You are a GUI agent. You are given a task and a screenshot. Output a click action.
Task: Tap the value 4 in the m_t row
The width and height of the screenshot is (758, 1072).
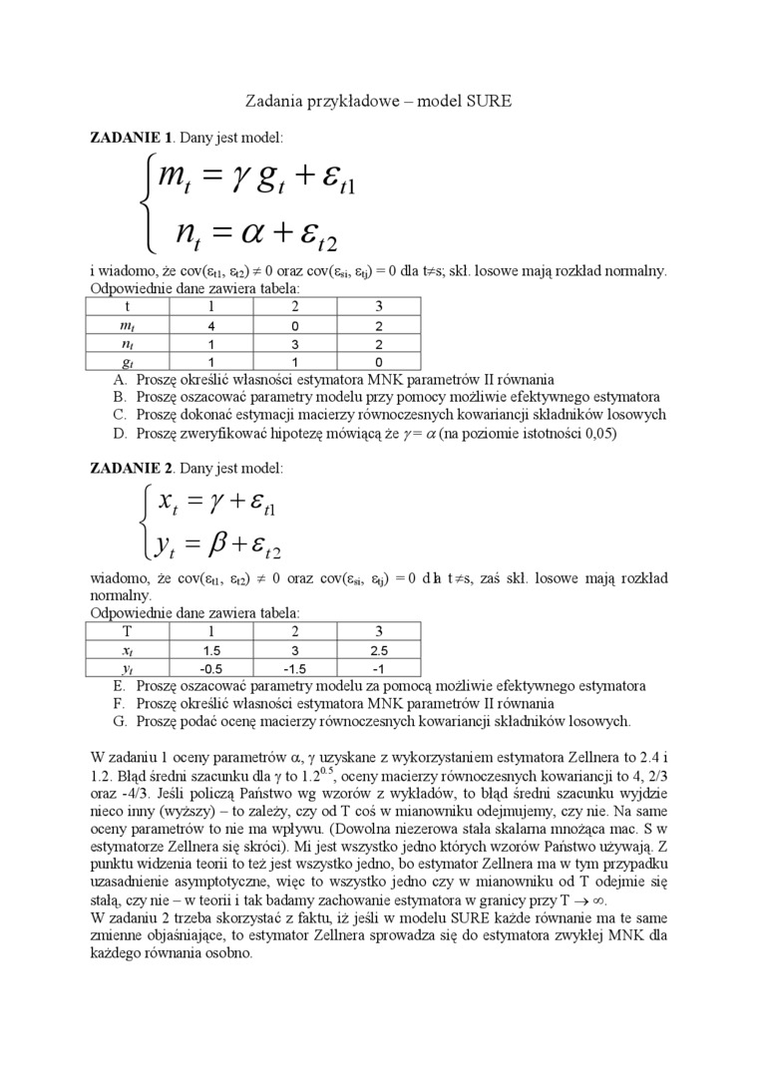click(211, 326)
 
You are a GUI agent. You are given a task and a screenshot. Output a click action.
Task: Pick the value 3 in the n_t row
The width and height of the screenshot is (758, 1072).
click(295, 344)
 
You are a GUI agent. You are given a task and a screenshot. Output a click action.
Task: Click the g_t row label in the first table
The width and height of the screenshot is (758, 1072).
click(128, 362)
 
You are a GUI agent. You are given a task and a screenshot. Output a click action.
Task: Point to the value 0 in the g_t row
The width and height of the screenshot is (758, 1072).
click(378, 362)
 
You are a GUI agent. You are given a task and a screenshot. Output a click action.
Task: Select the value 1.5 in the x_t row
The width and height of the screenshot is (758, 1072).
click(211, 649)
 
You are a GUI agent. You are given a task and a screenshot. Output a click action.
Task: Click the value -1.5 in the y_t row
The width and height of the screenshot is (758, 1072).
click(295, 667)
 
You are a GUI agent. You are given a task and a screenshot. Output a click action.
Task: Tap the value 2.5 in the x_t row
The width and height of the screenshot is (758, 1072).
click(378, 649)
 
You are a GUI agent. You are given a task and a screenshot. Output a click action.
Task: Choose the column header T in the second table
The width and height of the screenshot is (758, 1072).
click(128, 631)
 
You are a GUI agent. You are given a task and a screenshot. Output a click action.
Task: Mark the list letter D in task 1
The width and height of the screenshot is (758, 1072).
click(120, 433)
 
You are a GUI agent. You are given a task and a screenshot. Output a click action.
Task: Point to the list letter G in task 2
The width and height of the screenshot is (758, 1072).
click(120, 720)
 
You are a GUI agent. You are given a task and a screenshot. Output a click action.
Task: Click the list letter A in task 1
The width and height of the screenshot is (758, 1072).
click(120, 379)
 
